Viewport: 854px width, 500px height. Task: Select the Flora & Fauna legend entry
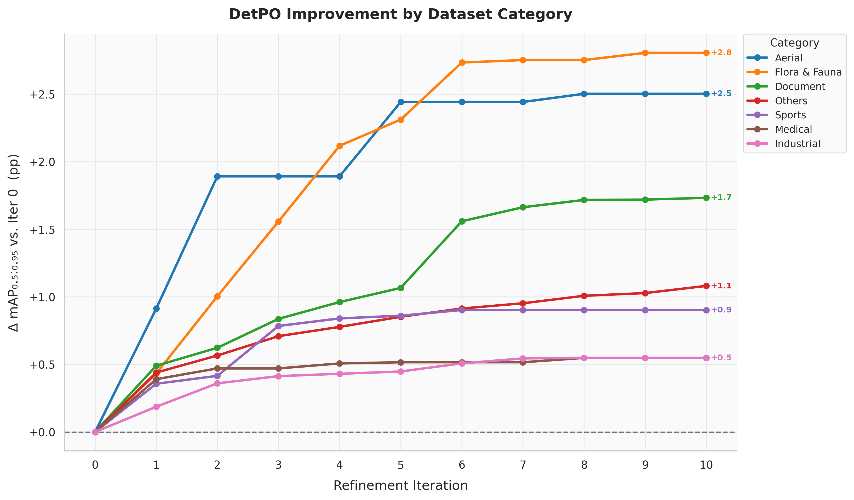(x=808, y=72)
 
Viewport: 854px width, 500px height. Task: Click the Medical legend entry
(x=793, y=129)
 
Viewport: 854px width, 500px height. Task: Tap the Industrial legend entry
(x=797, y=144)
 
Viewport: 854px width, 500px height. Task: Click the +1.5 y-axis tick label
(x=42, y=230)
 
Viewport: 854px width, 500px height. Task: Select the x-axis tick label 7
(x=523, y=465)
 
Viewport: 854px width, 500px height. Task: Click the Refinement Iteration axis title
(x=400, y=485)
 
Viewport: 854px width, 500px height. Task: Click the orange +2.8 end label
(x=721, y=53)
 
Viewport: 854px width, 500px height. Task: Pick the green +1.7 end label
(x=721, y=197)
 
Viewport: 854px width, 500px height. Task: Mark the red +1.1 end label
(x=721, y=286)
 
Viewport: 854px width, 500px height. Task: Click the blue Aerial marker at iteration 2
(x=217, y=177)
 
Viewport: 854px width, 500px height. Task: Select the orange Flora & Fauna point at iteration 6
(x=462, y=62)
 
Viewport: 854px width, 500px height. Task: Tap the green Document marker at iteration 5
(x=400, y=288)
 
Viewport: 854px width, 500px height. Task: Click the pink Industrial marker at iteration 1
(x=156, y=406)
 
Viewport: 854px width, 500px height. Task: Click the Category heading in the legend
(x=794, y=43)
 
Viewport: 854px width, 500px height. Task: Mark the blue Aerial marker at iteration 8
(x=584, y=94)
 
